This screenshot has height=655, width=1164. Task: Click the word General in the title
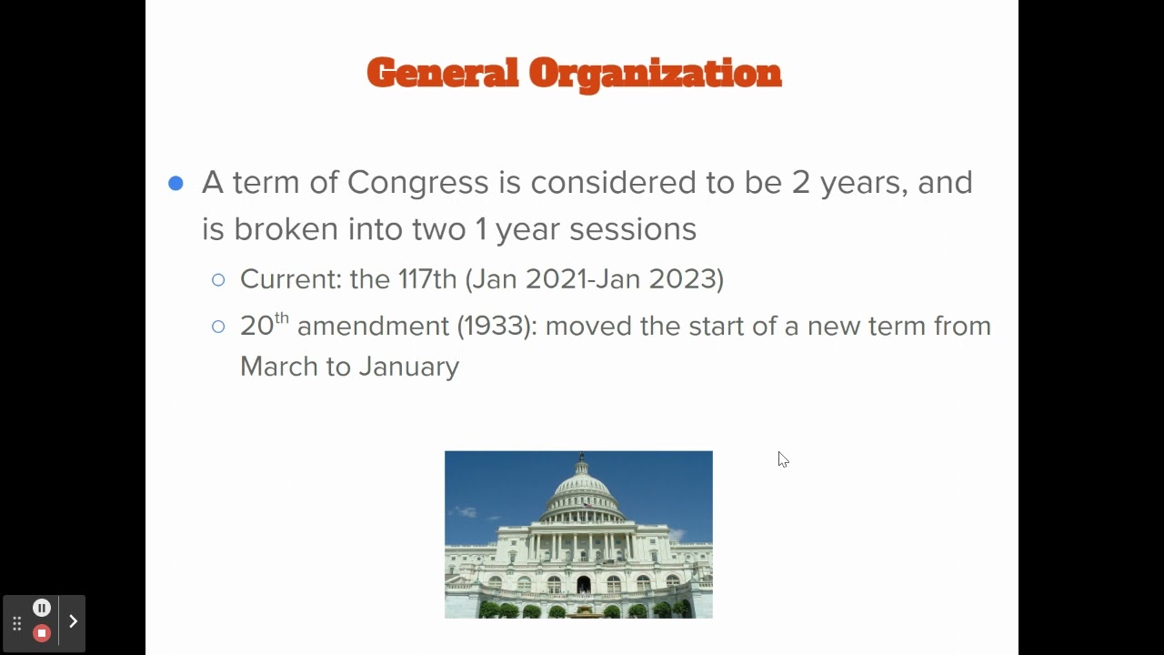click(442, 73)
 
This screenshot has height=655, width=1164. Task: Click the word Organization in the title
click(655, 73)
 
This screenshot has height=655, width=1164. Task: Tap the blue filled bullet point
click(176, 184)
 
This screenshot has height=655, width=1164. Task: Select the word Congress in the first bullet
click(417, 183)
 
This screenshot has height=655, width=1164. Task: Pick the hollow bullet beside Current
click(218, 280)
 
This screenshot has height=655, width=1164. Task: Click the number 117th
click(427, 279)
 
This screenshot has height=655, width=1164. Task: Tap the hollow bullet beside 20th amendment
click(218, 327)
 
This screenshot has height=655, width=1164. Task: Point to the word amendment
click(373, 327)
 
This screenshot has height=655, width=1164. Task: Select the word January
click(408, 367)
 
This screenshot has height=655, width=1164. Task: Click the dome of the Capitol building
click(583, 487)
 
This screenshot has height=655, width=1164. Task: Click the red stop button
click(42, 633)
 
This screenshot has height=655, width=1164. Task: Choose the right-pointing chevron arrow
click(73, 621)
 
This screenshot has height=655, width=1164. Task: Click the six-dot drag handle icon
click(16, 624)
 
